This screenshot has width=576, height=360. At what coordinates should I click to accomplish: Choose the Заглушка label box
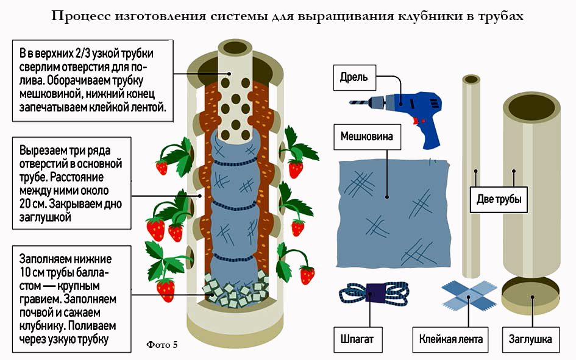click(x=530, y=339)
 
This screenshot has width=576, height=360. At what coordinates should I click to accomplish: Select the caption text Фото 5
click(x=162, y=345)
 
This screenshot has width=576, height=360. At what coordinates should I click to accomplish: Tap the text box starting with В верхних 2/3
click(x=92, y=79)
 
